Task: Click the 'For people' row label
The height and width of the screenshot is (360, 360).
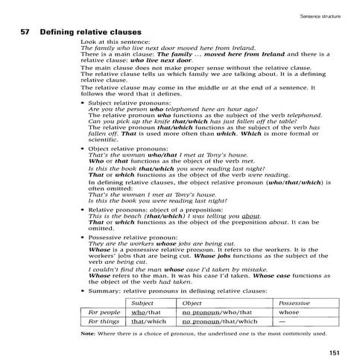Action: [x=104, y=312]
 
